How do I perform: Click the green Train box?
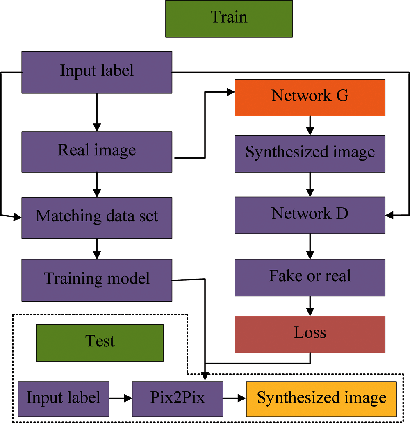tap(229, 19)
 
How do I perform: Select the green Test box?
tap(100, 343)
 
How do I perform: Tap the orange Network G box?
tap(310, 98)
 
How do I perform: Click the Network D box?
tap(310, 215)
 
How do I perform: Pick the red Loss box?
tap(310, 334)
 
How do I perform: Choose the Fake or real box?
tap(310, 277)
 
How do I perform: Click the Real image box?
tap(97, 152)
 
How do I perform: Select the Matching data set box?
tap(97, 218)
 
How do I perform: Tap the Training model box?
tap(97, 280)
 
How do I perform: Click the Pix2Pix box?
tap(178, 399)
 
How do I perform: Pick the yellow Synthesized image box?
tap(321, 399)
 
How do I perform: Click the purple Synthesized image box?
tap(310, 154)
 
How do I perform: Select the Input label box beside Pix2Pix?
tap(64, 399)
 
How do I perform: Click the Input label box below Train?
tap(97, 72)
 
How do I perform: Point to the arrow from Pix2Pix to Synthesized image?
tap(235, 398)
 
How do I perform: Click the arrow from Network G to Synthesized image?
tap(310, 126)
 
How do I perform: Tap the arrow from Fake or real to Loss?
tap(310, 306)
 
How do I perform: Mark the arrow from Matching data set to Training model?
tap(97, 249)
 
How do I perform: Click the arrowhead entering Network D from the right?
tap(389, 215)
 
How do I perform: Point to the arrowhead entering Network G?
tap(231, 92)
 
